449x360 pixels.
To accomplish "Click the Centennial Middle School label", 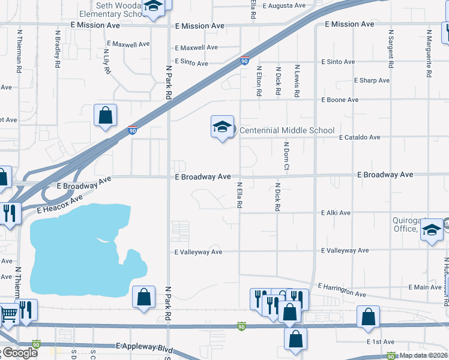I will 287,130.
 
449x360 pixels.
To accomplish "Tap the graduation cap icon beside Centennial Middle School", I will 221,127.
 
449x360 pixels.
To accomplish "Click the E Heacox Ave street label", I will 59,204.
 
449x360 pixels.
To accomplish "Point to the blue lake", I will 78,246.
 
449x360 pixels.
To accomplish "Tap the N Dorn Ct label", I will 287,155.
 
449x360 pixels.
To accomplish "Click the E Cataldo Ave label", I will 359,137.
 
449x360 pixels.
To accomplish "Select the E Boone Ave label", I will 340,100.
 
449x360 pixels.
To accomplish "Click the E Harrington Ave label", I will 342,290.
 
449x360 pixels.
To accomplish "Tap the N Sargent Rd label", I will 391,47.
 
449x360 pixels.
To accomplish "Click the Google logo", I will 19,353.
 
